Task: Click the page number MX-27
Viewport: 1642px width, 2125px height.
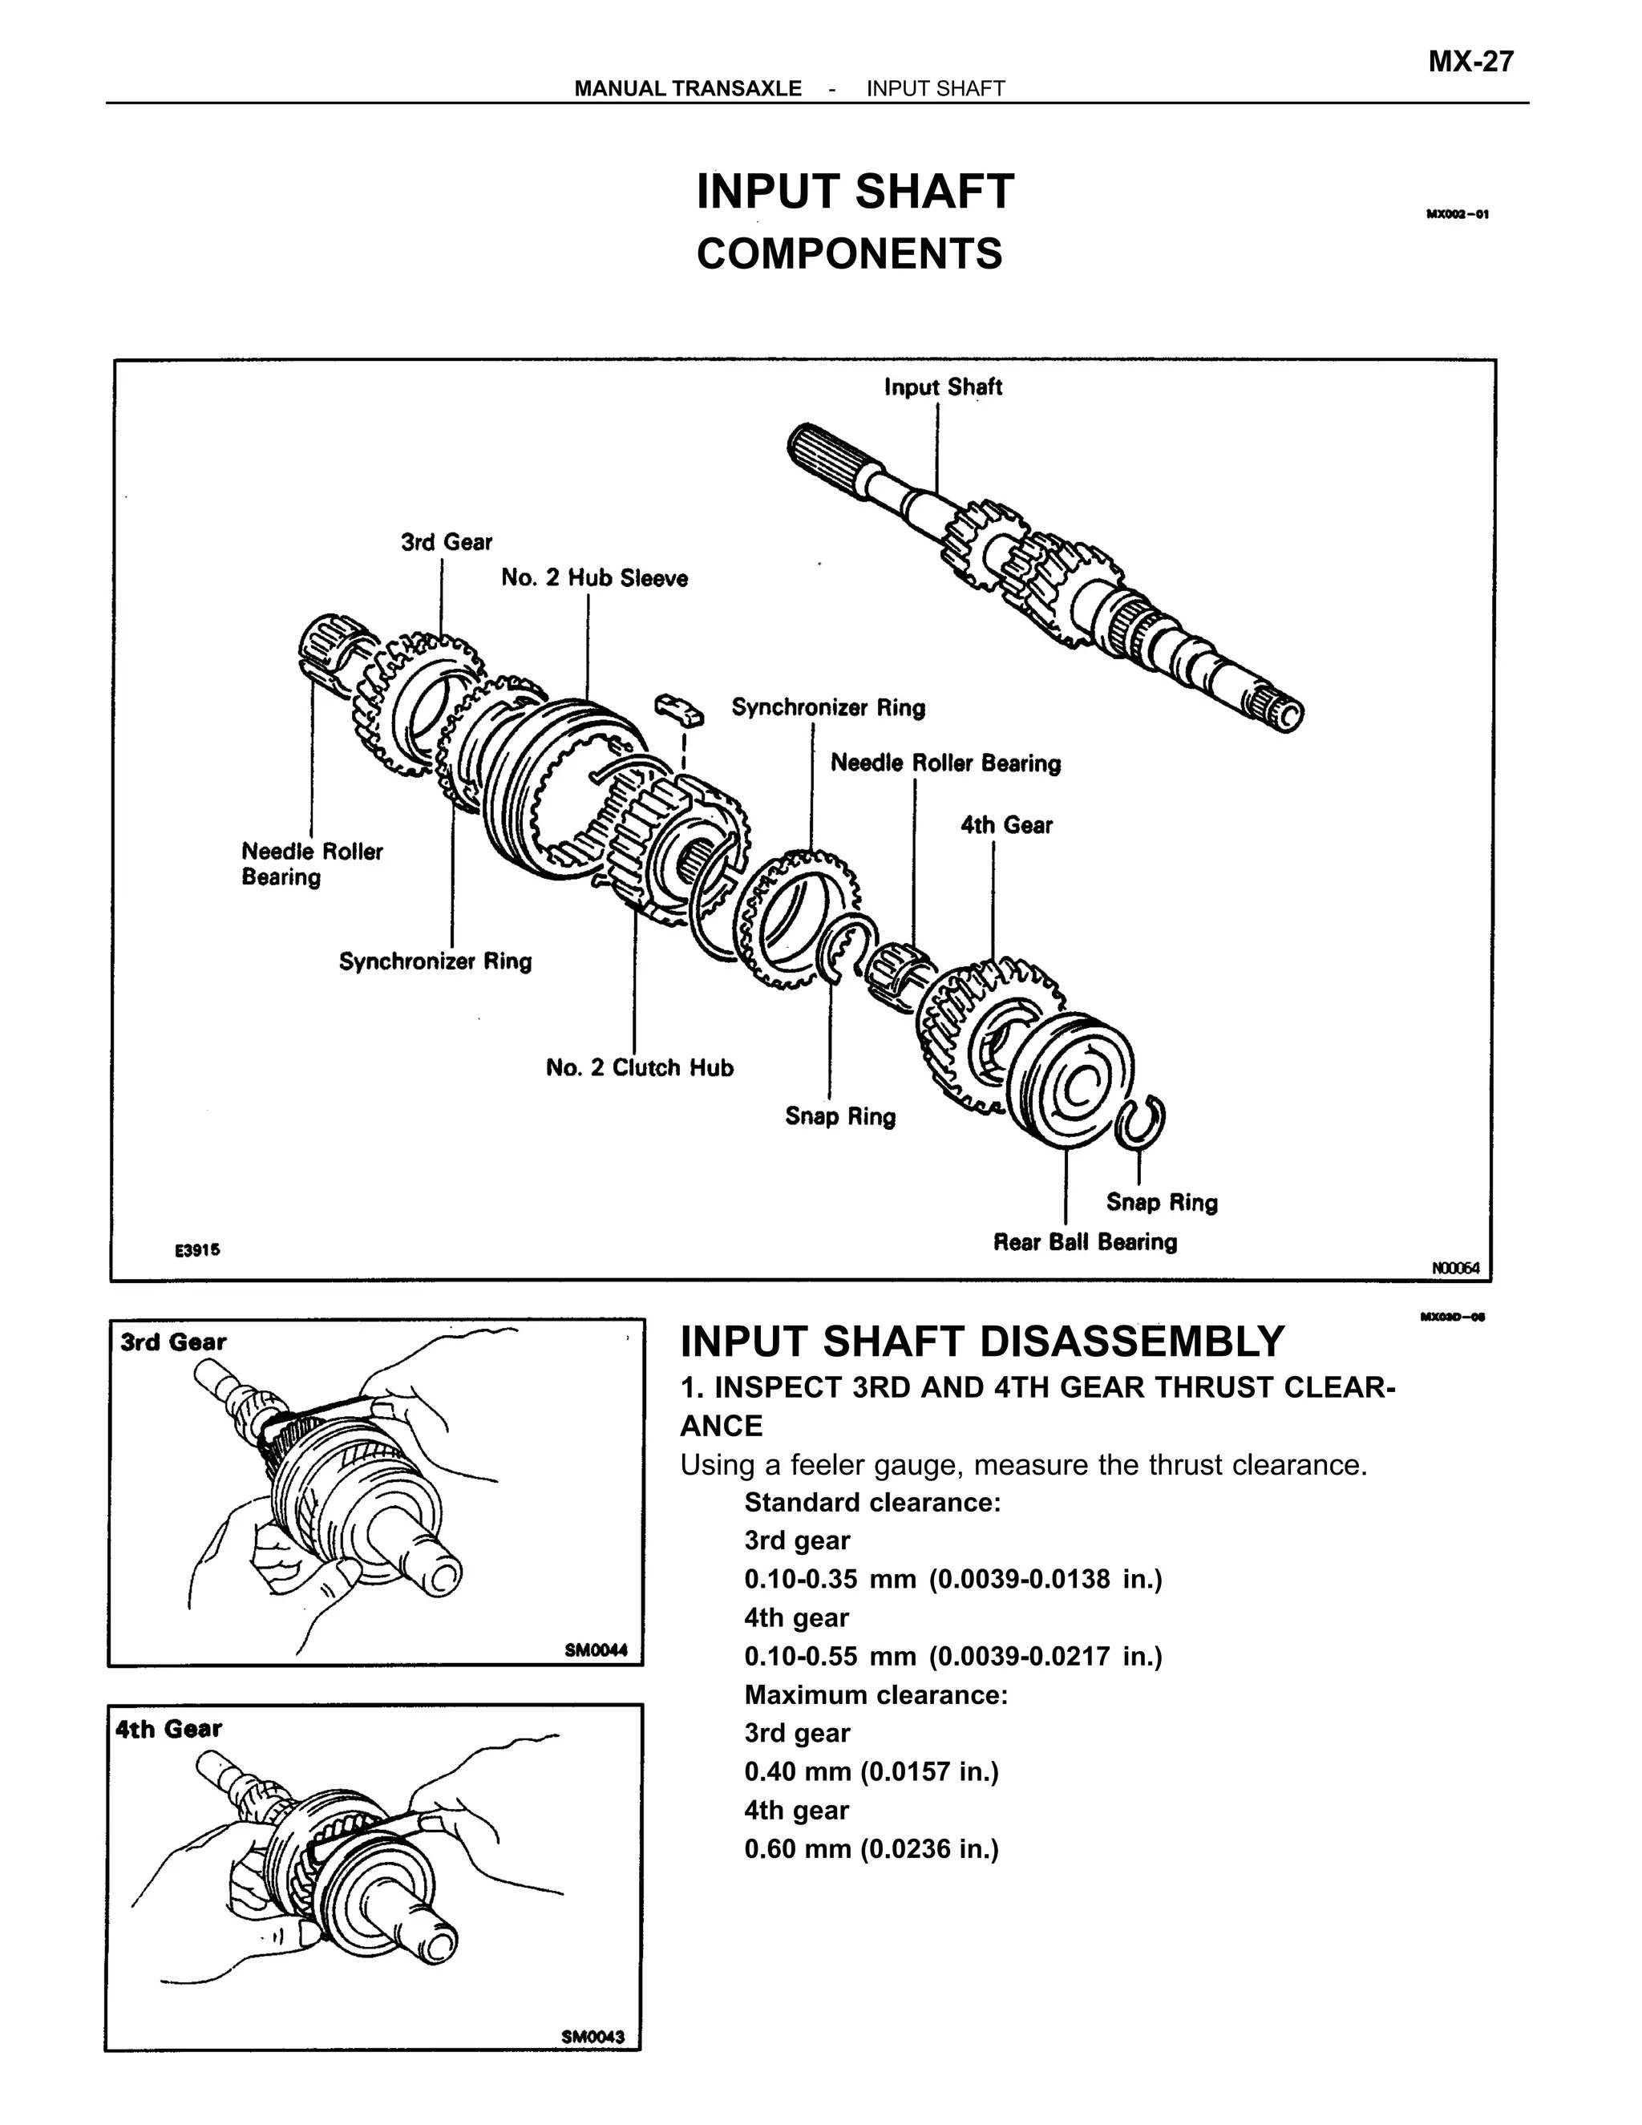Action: click(x=1470, y=61)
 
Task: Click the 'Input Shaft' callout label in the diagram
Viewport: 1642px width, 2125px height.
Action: click(x=941, y=387)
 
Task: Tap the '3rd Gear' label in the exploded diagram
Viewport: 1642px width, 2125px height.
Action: click(x=447, y=542)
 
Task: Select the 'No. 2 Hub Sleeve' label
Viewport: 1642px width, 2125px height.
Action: click(x=593, y=578)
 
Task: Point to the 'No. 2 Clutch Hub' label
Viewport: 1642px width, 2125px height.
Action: click(x=639, y=1067)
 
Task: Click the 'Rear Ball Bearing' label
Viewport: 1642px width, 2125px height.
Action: click(x=1084, y=1241)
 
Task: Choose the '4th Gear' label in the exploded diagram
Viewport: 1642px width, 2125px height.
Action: click(x=1006, y=825)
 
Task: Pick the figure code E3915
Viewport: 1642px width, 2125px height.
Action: click(x=197, y=1250)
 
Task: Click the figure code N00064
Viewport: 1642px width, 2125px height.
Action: click(x=1454, y=1267)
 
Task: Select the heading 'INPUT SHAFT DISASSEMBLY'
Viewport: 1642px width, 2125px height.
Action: click(x=981, y=1341)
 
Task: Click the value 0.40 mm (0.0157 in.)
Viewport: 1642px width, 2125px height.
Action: click(x=871, y=1771)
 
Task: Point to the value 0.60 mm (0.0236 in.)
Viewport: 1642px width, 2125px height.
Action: click(x=871, y=1848)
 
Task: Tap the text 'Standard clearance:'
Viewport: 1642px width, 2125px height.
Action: click(x=872, y=1502)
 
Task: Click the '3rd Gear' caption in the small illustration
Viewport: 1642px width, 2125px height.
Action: click(x=173, y=1342)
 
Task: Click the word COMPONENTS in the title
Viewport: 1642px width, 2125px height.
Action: click(x=848, y=254)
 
